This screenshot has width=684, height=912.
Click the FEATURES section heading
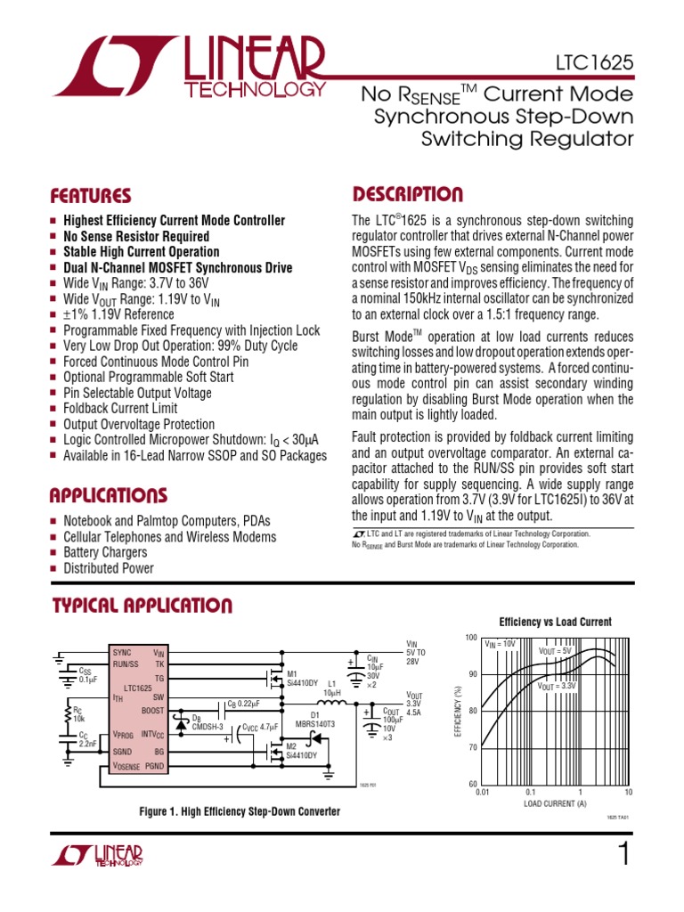[x=90, y=196]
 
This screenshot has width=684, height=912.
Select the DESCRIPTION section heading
[x=407, y=195]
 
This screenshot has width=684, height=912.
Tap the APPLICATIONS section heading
[x=108, y=495]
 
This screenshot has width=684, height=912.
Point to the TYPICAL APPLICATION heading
[x=141, y=607]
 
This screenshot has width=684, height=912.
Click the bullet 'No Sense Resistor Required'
[x=136, y=236]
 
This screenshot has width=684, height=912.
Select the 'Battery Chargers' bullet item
[x=105, y=553]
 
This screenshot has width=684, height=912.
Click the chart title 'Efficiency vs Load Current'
[x=555, y=622]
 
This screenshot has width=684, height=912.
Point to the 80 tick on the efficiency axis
[x=471, y=711]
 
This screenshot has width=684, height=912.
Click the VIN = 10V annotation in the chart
[x=500, y=643]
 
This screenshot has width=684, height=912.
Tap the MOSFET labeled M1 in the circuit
[x=271, y=672]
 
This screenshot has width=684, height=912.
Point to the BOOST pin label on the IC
[x=152, y=710]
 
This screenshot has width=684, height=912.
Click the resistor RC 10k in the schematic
[x=68, y=712]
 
